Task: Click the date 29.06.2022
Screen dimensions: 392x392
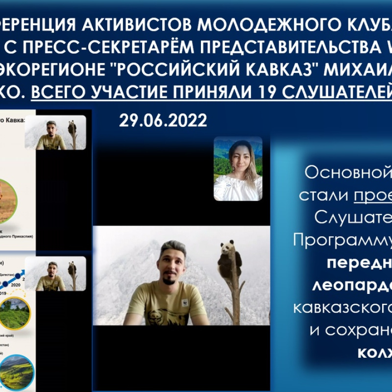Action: (x=163, y=121)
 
